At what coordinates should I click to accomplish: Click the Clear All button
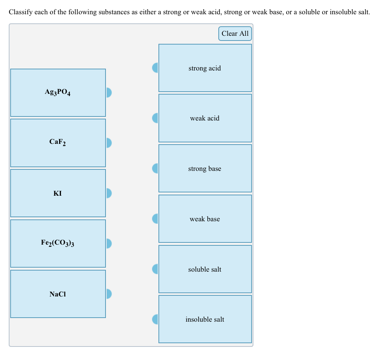click(x=235, y=34)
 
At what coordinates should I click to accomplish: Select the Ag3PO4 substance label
click(x=58, y=92)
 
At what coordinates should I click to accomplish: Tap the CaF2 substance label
click(x=58, y=142)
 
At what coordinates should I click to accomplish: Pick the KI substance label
click(x=58, y=194)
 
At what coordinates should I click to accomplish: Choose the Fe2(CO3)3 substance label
click(x=58, y=243)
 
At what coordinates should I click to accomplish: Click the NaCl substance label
click(x=58, y=294)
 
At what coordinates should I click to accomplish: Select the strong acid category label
click(x=204, y=68)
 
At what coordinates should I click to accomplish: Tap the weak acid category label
click(x=204, y=118)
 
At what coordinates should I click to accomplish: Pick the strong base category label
click(x=204, y=169)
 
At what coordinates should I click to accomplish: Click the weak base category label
click(x=204, y=219)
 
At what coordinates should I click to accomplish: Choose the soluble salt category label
click(x=204, y=269)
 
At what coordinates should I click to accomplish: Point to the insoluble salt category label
click(x=204, y=319)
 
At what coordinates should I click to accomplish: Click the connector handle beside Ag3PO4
click(x=108, y=93)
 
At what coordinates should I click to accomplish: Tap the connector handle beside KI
click(x=108, y=193)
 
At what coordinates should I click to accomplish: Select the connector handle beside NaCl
click(x=108, y=294)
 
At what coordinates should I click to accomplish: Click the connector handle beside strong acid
click(x=156, y=68)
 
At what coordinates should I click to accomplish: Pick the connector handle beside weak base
click(x=156, y=219)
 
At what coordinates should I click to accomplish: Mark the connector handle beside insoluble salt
click(x=156, y=319)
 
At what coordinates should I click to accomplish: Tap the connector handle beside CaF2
click(x=108, y=143)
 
